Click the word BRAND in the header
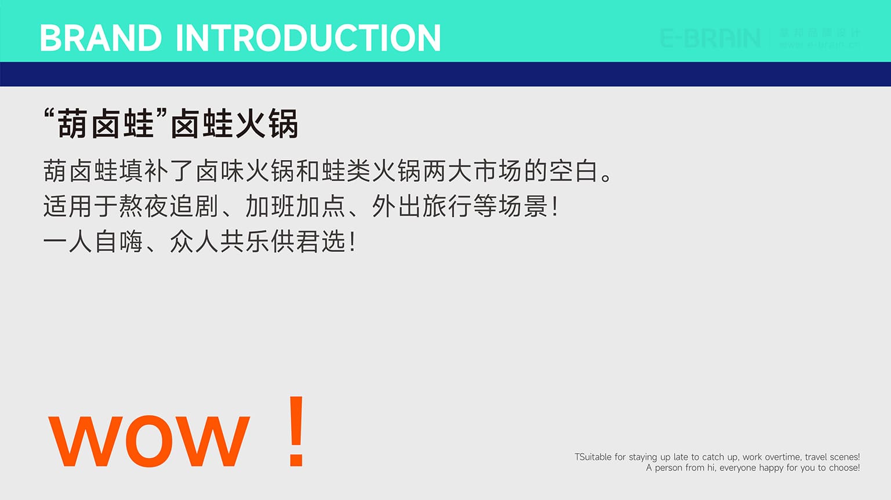100,38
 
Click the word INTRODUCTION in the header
308,38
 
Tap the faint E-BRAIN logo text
711,38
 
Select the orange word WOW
149,441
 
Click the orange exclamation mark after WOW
296,432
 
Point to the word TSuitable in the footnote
593,457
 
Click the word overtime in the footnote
782,457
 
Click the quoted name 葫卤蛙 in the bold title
106,124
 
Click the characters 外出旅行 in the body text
422,206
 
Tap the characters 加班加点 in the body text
295,206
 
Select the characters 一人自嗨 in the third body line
93,242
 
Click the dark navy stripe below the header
445,74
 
